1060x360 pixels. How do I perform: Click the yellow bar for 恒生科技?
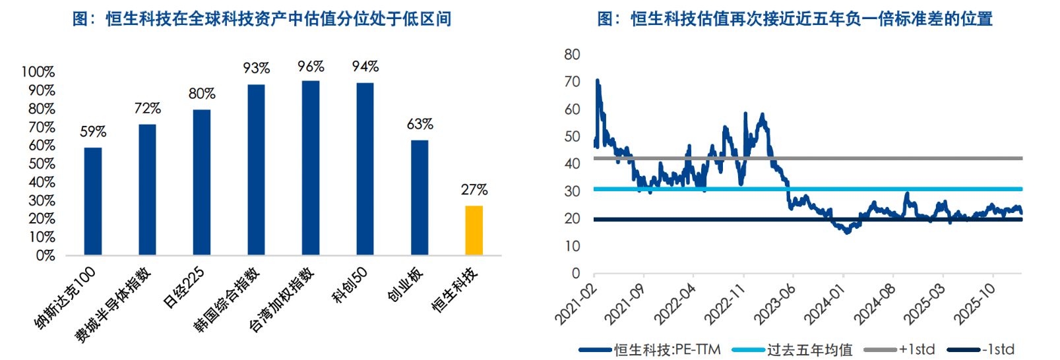pos(474,230)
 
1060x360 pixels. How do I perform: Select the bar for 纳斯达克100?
pos(93,201)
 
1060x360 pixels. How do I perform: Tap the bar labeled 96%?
pos(311,167)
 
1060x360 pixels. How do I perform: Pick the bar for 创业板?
pos(420,197)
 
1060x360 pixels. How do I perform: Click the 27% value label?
pos(474,190)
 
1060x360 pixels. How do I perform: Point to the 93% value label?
pos(256,68)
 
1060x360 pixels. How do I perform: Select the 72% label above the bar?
pos(147,108)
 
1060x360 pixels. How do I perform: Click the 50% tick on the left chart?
pos(42,164)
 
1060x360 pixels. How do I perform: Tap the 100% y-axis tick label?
pos(38,72)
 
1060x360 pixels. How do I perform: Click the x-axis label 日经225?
pos(184,287)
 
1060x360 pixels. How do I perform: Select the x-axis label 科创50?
pos(349,285)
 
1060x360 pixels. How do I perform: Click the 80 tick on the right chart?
pos(572,54)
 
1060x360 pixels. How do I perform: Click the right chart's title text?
pos(795,18)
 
